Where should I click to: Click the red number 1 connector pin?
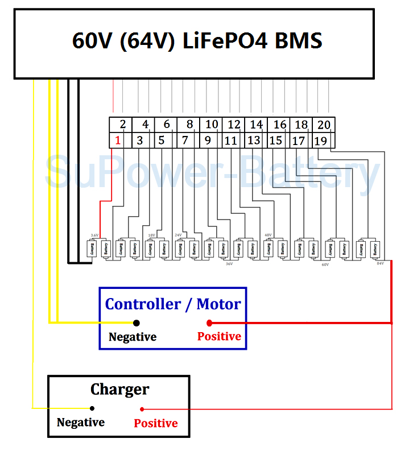[118, 140]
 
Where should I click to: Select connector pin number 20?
[324, 125]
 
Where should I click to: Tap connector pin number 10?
[212, 125]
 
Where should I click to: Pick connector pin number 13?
[254, 140]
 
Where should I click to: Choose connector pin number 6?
[167, 125]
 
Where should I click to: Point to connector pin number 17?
[299, 140]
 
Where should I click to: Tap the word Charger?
[119, 390]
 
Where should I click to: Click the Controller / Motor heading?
[173, 304]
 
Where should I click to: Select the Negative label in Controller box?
[133, 337]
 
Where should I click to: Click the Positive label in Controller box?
[219, 337]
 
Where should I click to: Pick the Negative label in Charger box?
[81, 423]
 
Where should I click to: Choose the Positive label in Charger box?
[156, 423]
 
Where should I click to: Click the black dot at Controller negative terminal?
[137, 323]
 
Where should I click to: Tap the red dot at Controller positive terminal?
[209, 323]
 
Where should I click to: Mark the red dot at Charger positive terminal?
[142, 409]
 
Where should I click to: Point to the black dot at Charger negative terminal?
[92, 408]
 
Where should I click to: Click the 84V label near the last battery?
[380, 263]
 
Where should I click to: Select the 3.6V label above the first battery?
[94, 235]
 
